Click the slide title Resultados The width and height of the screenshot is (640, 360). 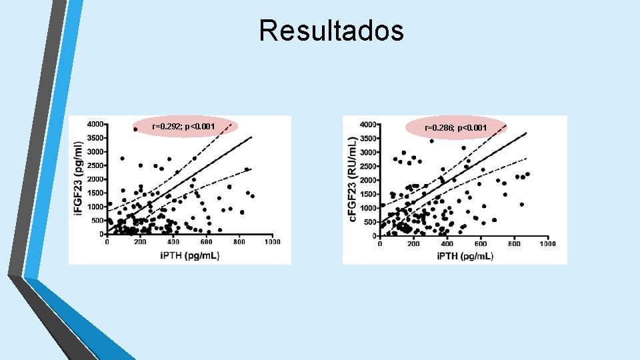coord(331,31)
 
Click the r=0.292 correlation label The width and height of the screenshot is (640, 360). coord(183,126)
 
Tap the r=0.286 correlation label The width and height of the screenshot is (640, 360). coord(455,127)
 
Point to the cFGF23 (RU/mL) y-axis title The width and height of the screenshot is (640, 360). coord(352,178)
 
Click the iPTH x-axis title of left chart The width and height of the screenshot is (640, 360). coord(189,256)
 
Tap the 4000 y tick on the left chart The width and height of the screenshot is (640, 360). coord(95,124)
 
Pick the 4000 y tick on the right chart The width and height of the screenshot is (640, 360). coord(367,125)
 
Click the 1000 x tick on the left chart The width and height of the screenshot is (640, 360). coord(272,242)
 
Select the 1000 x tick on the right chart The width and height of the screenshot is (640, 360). coord(547,244)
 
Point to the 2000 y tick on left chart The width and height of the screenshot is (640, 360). coord(95,179)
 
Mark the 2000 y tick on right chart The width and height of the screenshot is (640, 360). coord(367,181)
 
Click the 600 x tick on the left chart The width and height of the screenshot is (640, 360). coord(206,242)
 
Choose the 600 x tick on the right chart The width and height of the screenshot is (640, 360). coord(480,244)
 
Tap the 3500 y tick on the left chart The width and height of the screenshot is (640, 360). coord(95,138)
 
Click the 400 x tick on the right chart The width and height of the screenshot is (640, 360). coord(447,244)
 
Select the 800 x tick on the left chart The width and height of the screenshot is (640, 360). coord(239,242)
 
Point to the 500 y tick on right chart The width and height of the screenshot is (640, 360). coord(369,222)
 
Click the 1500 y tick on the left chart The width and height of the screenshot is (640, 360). coord(95,193)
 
